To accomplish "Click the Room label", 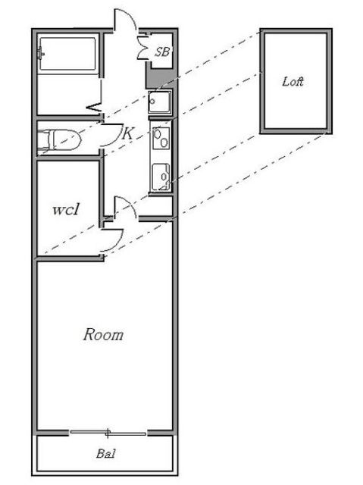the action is click(103, 335).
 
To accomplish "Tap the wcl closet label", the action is click(66, 209).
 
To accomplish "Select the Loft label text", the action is click(293, 82).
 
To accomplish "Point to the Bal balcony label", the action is click(106, 453).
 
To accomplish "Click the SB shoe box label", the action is click(162, 52).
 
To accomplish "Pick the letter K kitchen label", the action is click(128, 133).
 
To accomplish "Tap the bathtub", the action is click(67, 55).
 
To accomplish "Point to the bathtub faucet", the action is click(40, 54).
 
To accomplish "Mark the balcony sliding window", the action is click(108, 433).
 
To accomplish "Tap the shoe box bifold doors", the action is click(143, 47).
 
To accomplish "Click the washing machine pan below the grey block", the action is click(160, 102).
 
